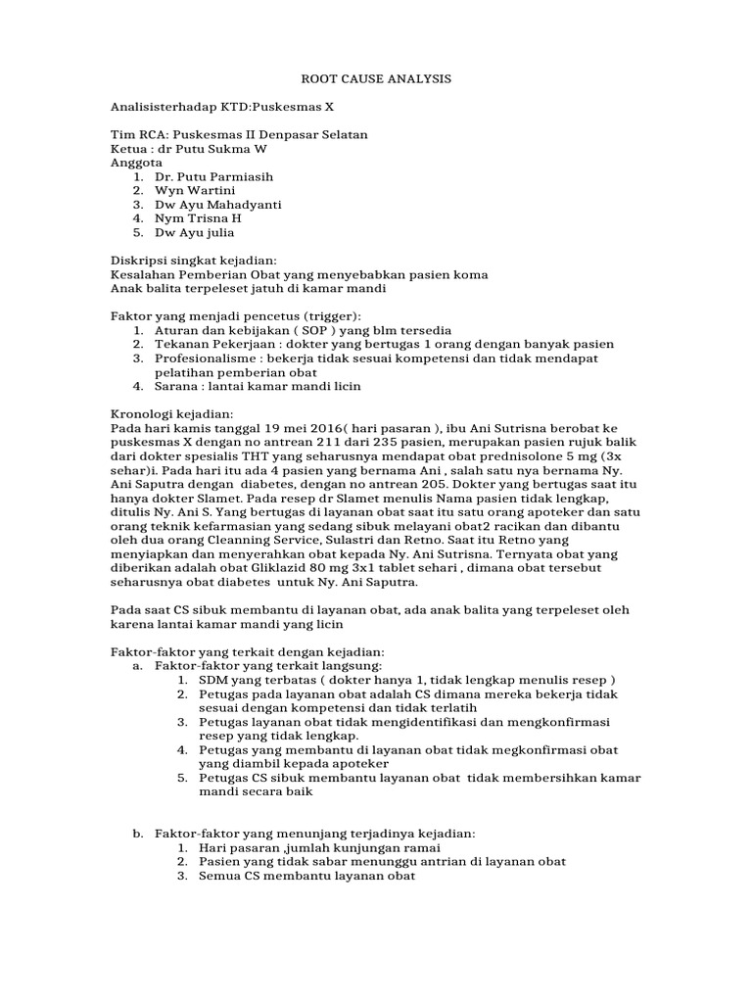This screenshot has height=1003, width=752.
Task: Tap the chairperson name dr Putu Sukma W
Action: pyautogui.click(x=211, y=149)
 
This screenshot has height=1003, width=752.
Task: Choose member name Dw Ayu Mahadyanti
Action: pyautogui.click(x=218, y=205)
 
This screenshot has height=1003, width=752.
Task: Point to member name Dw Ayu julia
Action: pyautogui.click(x=195, y=233)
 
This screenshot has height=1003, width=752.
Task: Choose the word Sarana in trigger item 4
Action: pyautogui.click(x=177, y=386)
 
